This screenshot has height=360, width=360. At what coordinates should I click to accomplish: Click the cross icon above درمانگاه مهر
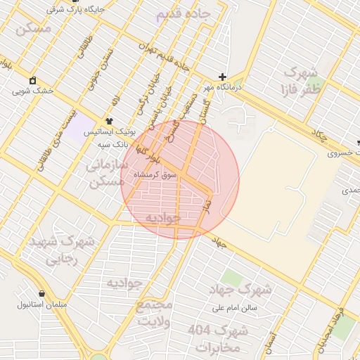223,77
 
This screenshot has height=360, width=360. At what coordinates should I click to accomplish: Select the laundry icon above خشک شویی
32,80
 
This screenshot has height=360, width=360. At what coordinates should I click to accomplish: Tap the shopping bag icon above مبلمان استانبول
41,294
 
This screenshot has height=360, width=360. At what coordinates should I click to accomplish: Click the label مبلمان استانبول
44,305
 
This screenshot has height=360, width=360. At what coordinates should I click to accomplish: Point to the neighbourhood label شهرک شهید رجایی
61,250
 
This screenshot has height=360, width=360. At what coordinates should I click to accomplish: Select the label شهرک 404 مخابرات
217,338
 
